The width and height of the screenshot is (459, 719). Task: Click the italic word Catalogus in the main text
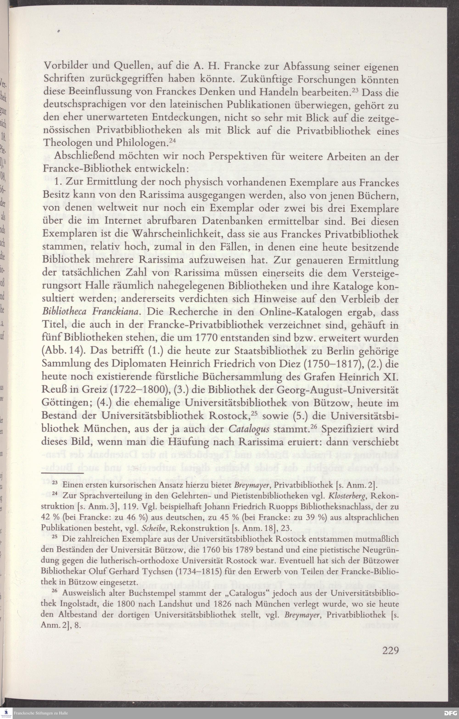[249, 429]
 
